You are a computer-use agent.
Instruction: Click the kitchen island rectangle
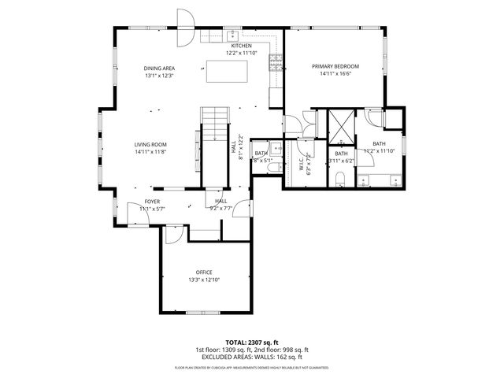click(x=227, y=71)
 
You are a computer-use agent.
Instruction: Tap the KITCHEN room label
click(x=241, y=46)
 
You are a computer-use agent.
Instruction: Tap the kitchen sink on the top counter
click(x=234, y=35)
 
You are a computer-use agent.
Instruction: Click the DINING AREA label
click(x=158, y=69)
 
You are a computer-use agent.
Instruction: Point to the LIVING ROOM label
click(x=150, y=144)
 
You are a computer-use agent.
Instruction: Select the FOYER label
click(x=152, y=202)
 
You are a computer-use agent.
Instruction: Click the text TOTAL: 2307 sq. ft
click(x=251, y=343)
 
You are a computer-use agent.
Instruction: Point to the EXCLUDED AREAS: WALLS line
click(x=251, y=357)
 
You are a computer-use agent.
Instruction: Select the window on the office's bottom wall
click(x=203, y=313)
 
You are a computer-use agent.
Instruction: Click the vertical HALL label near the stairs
click(x=233, y=146)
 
